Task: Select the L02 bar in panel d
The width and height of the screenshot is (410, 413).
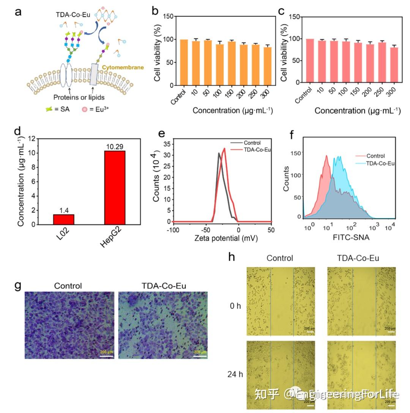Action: [63, 219]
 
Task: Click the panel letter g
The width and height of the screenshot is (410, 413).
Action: [17, 286]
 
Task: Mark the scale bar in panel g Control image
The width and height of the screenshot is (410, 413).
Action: [107, 356]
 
